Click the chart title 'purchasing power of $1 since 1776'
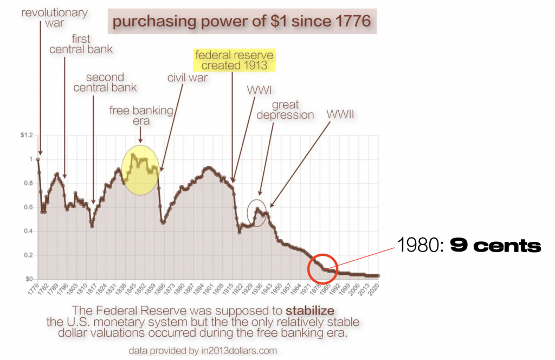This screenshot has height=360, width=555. tap(241, 23)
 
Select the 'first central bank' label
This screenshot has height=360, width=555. tap(81, 44)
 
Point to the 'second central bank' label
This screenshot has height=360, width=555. tap(105, 82)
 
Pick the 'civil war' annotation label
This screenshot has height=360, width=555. tap(187, 78)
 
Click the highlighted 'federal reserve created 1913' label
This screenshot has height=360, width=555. tap(235, 61)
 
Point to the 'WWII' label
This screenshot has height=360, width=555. tap(341, 114)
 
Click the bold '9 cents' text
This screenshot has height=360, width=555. tap(495, 246)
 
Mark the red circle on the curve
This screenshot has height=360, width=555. tap(322, 268)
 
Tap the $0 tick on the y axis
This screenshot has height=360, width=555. tap(27, 279)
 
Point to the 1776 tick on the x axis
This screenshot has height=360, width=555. tap(33, 290)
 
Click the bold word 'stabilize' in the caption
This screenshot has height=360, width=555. tap(311, 311)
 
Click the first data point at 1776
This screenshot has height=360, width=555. tap(38, 159)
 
